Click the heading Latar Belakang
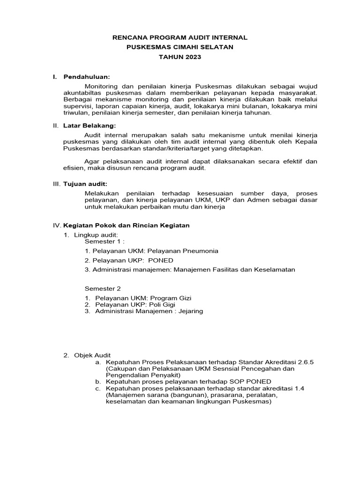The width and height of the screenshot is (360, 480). pos(89,125)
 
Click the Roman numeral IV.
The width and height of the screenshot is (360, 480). pos(56,225)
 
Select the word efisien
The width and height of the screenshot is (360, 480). pos(73,168)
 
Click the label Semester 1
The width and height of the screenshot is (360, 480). pos(104,241)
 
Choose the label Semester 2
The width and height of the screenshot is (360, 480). pos(103,289)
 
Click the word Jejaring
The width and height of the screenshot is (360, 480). pos(190,311)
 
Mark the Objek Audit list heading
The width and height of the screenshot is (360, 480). pos(93,356)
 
